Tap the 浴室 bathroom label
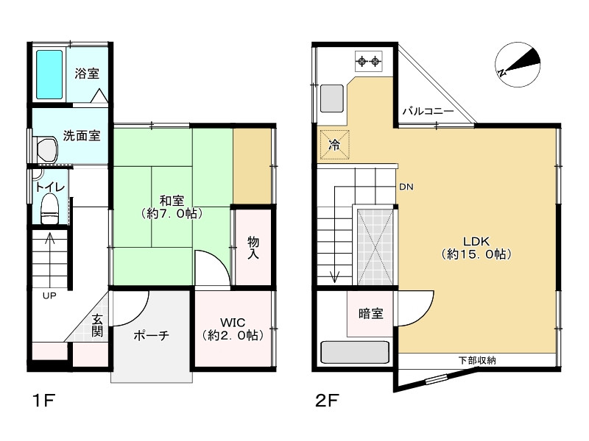click(87, 73)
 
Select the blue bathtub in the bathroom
click(49, 75)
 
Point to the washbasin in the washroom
click(46, 149)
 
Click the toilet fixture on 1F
click(50, 207)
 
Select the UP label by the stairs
click(49, 296)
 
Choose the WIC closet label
click(232, 328)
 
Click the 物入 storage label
click(253, 248)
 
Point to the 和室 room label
click(172, 207)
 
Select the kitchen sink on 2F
click(332, 98)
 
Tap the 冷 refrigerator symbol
click(334, 145)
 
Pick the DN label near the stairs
click(406, 187)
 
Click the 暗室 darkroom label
click(370, 314)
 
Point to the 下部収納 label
click(477, 360)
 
